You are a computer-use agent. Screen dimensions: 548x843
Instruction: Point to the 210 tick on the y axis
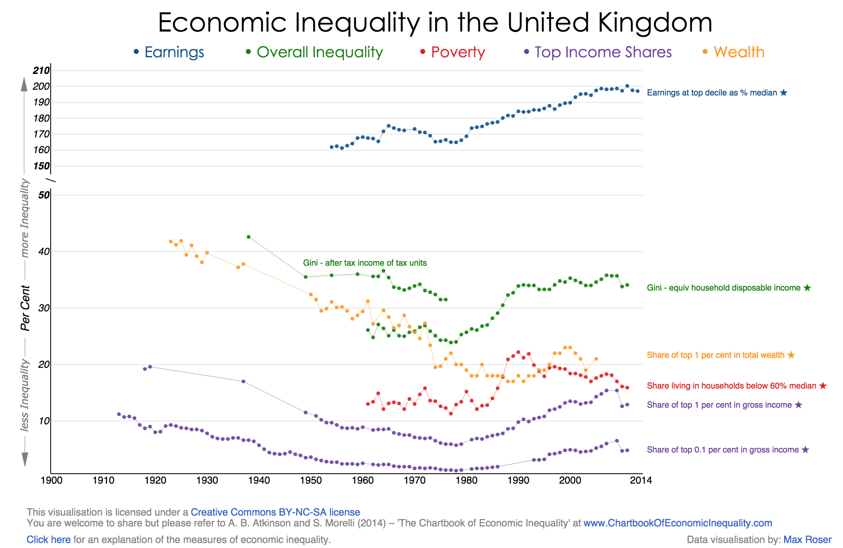42,70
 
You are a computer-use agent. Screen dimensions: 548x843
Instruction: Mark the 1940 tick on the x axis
259,480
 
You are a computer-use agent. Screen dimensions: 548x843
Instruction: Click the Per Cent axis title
25,308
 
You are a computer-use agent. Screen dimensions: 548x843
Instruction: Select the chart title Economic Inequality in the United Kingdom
435,22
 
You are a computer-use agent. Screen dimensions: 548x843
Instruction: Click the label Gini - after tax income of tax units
365,263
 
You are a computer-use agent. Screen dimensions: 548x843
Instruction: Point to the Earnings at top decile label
712,93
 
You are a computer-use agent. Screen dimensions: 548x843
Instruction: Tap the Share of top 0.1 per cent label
723,450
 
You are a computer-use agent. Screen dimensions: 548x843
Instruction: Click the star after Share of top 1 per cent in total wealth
791,355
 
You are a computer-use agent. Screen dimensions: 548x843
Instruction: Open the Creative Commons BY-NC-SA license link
275,512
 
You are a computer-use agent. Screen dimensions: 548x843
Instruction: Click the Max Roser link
807,540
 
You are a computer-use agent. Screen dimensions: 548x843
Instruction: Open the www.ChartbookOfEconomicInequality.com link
678,523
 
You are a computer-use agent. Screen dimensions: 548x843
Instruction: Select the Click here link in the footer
49,540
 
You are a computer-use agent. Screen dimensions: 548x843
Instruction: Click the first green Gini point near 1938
248,237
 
